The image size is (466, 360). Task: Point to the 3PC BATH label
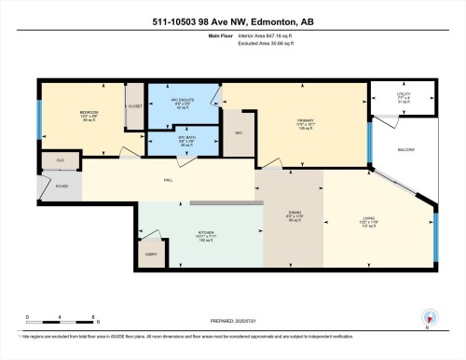click(185, 140)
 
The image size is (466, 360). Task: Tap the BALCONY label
click(406, 149)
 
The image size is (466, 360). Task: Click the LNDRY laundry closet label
click(151, 253)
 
